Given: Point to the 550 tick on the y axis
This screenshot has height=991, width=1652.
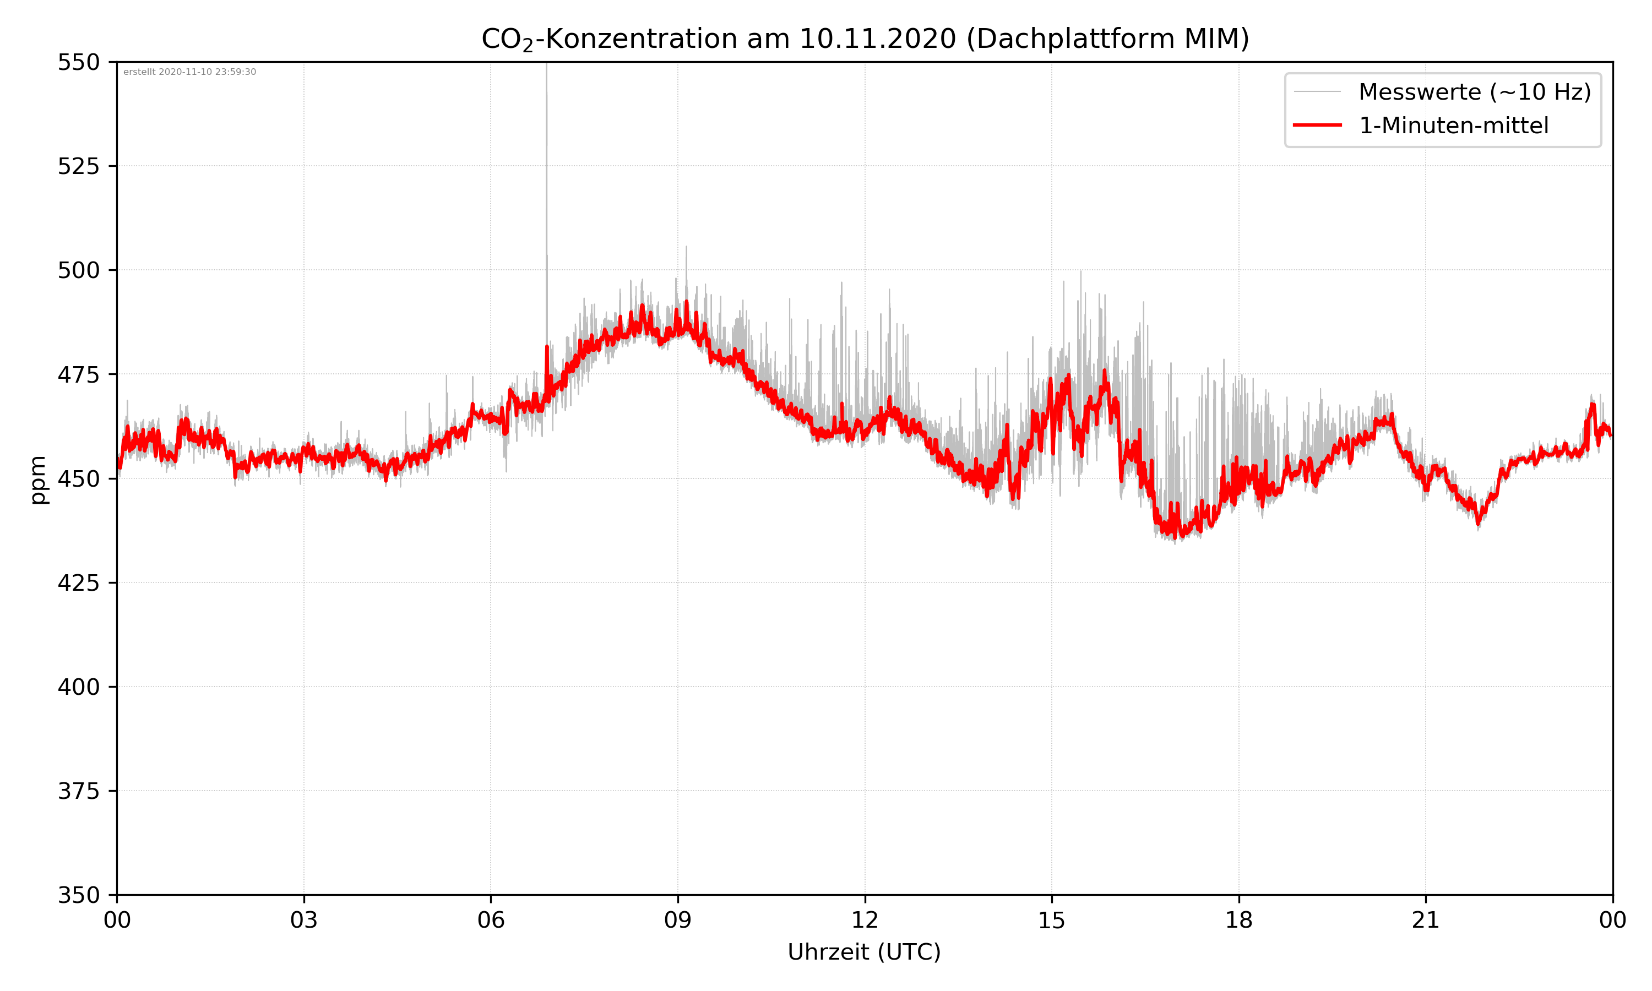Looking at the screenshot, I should [x=78, y=62].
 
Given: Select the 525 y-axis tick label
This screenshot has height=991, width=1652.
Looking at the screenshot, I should [x=78, y=166].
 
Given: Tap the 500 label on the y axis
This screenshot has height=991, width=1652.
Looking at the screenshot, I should [x=78, y=270].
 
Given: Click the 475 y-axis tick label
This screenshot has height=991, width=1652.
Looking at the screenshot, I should [x=78, y=374].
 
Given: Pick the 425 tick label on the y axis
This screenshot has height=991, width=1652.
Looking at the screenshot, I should [x=78, y=583].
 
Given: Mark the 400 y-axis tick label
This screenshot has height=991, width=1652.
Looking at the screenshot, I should [x=78, y=687].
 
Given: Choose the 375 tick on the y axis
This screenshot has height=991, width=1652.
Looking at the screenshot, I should [x=78, y=791].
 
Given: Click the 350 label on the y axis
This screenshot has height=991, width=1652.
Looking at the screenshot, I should [x=78, y=896].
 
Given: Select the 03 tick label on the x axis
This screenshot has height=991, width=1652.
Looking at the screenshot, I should [x=304, y=920].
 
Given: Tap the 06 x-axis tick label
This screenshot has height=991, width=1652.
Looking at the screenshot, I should [x=491, y=920].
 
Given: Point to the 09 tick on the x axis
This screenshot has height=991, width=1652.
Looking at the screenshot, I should [x=678, y=920].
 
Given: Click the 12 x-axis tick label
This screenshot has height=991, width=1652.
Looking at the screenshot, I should [x=865, y=920].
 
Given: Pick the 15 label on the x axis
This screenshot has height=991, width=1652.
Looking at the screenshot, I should [x=1052, y=920].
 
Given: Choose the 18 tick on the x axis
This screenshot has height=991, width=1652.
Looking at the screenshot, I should [x=1238, y=920].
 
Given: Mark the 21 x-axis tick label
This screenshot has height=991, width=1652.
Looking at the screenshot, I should [x=1426, y=920].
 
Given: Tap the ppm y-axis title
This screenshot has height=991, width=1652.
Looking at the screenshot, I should [x=38, y=480].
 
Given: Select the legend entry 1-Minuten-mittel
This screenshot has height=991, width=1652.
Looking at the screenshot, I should [x=1454, y=126].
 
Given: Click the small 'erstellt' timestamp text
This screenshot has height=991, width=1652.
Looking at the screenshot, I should [x=189, y=72].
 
